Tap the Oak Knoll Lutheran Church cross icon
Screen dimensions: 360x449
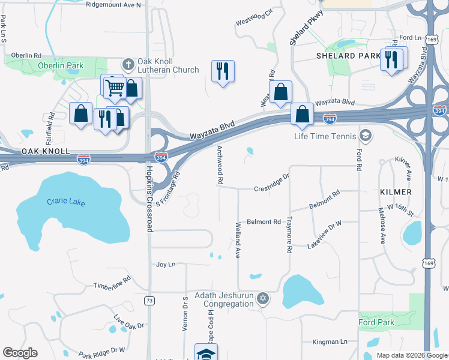[x=127, y=63]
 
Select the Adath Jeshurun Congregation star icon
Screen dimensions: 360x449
[x=262, y=298]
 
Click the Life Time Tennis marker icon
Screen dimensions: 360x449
[x=365, y=135]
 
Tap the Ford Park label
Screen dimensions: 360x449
[x=377, y=323]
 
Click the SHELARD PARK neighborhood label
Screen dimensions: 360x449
[x=348, y=56]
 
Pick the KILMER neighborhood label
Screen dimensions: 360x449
[x=396, y=191]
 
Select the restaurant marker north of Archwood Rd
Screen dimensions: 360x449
[x=223, y=71]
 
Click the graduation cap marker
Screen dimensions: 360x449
[x=206, y=353]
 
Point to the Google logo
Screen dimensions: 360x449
[x=20, y=353]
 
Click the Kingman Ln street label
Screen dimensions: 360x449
[x=330, y=342]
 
